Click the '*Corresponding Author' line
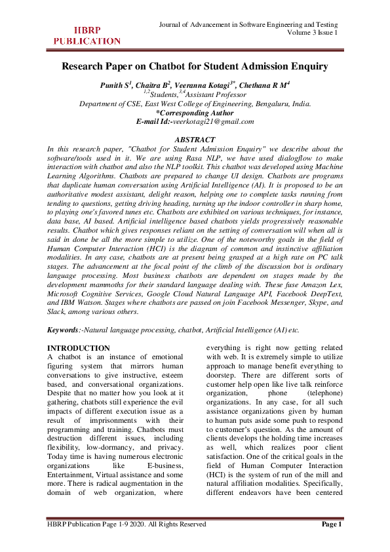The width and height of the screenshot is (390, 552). [195, 113]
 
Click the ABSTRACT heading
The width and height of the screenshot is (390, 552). [195, 140]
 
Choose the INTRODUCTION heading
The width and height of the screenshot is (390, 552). [79, 347]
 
